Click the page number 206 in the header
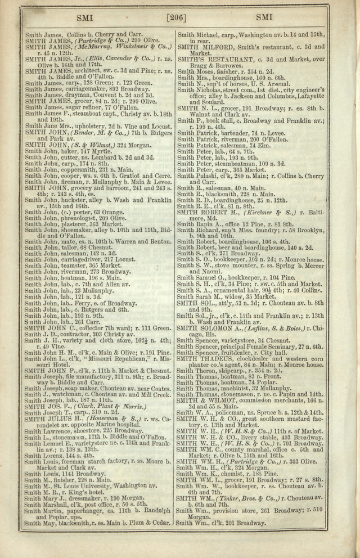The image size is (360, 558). [x=179, y=18]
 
